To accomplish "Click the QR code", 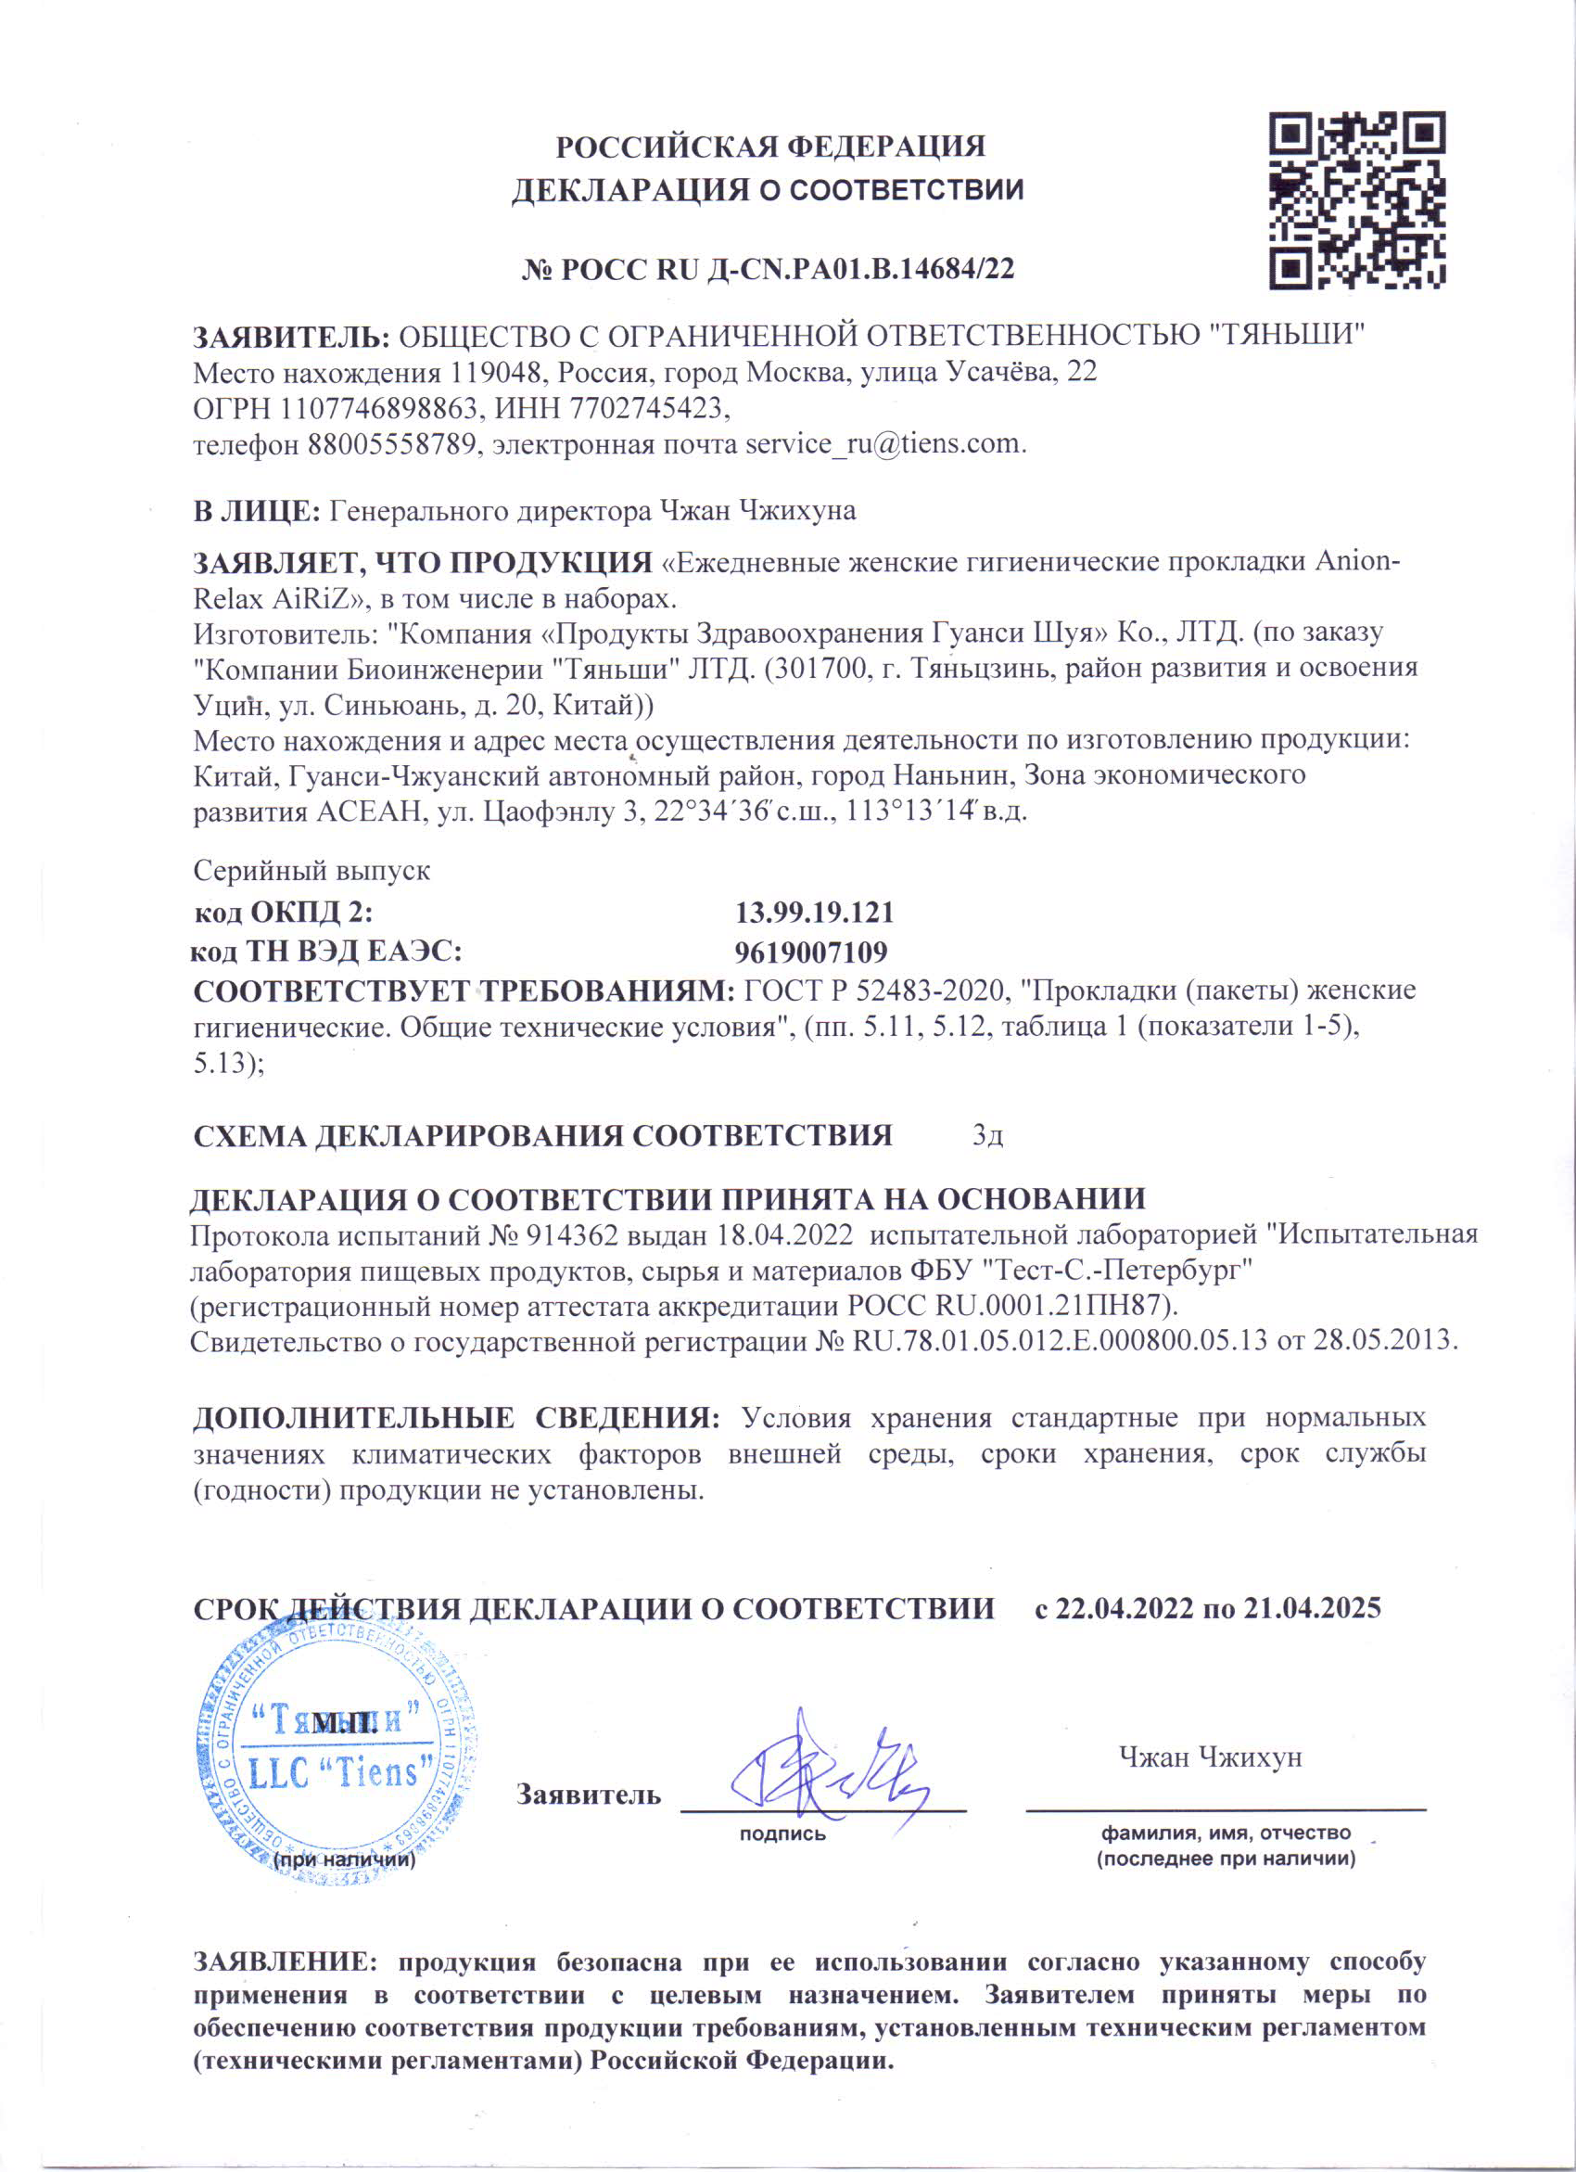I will point(1356,200).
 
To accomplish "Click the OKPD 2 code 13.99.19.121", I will point(814,912).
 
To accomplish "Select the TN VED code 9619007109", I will point(811,951).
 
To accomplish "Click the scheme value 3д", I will point(987,1136).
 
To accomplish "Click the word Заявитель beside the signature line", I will point(589,1795).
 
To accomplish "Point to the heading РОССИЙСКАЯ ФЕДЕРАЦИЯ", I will point(770,147).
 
